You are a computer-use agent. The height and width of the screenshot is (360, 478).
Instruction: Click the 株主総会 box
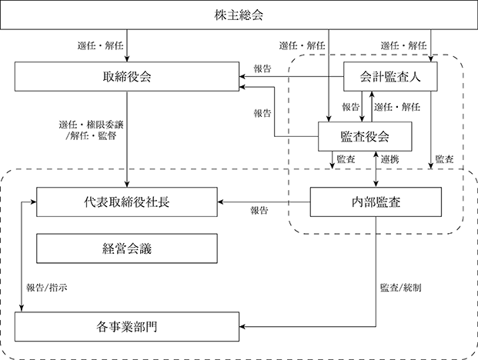pos(239,15)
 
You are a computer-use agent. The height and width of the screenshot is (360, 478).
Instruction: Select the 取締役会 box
pos(127,76)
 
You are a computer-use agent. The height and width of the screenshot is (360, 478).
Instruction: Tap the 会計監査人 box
pos(390,76)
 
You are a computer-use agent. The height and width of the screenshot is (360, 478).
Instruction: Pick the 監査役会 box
pos(365,136)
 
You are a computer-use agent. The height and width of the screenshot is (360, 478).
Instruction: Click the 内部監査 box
pos(376,202)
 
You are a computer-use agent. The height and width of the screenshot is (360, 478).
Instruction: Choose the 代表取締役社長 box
pos(127,202)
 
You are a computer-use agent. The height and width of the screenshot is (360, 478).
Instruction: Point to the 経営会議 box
pos(127,248)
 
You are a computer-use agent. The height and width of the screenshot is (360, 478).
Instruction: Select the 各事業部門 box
pos(127,327)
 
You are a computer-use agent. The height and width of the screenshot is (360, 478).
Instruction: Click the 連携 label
pos(390,159)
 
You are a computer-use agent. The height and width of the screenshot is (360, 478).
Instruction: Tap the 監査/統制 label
pos(401,288)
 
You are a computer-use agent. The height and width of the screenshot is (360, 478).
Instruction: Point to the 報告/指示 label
pos(47,288)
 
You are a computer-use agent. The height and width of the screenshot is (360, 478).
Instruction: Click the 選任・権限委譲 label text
pos(91,125)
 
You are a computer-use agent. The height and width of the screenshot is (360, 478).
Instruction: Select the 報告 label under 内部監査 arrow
pos(259,210)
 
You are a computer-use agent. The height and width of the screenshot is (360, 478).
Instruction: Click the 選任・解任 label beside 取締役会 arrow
pos(100,45)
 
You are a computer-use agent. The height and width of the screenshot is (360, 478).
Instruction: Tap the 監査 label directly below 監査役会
pos(346,159)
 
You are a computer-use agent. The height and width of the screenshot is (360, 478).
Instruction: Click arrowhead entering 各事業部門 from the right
pos(242,327)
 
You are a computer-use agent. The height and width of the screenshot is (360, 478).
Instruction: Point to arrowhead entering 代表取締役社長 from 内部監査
pos(220,202)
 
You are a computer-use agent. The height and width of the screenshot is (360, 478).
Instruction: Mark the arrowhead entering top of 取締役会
pos(127,59)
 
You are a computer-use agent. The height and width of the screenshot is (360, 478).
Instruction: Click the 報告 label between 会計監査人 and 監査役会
pos(350,107)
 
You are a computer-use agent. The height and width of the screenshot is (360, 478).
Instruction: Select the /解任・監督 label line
pos(91,135)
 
